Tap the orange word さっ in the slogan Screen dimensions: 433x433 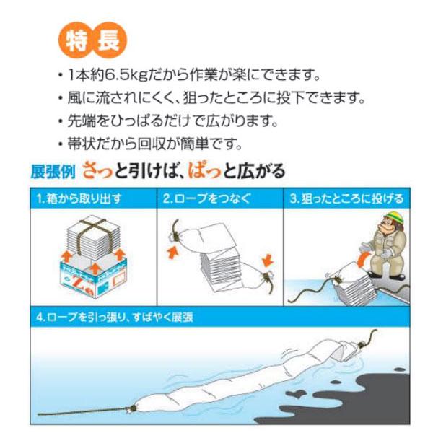click(98, 171)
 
